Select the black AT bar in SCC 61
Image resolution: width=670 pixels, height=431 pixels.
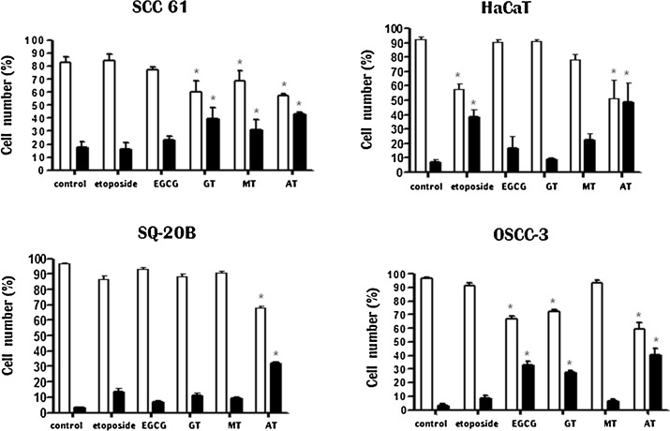(299, 141)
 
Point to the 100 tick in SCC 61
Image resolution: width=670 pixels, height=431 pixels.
(37, 40)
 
